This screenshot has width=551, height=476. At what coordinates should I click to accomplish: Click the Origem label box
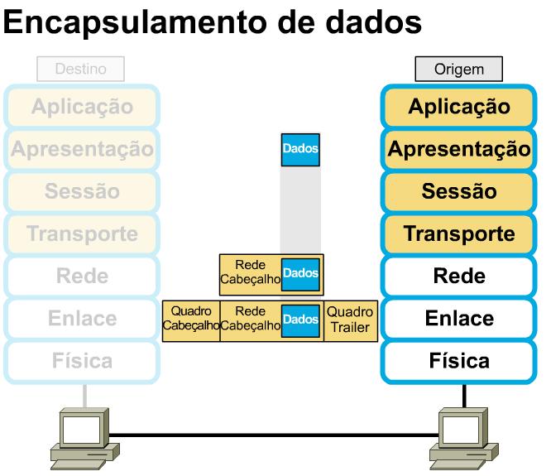[x=458, y=70]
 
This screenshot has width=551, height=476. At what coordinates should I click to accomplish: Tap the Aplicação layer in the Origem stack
[x=458, y=107]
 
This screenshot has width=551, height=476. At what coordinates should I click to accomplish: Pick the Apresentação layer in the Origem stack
[x=458, y=150]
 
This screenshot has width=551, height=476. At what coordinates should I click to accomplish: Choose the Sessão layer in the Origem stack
[x=458, y=192]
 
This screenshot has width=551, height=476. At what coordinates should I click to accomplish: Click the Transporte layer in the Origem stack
[x=458, y=234]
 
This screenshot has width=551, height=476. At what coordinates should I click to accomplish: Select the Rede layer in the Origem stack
[x=458, y=276]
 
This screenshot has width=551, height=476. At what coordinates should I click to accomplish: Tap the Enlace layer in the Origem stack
[x=458, y=319]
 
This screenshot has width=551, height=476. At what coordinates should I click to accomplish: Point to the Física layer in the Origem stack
[x=458, y=361]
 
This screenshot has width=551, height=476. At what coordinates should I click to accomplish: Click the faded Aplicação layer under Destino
[x=81, y=107]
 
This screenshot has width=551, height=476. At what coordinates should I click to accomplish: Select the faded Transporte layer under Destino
[x=81, y=234]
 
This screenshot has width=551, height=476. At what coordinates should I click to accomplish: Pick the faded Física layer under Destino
[x=81, y=361]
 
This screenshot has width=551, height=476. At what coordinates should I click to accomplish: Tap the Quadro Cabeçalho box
[x=191, y=319]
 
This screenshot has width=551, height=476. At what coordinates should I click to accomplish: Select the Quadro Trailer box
[x=349, y=319]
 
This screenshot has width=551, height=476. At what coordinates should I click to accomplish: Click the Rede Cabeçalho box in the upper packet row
[x=249, y=274]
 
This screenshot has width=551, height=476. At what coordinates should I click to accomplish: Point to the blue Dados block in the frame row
[x=300, y=319]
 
